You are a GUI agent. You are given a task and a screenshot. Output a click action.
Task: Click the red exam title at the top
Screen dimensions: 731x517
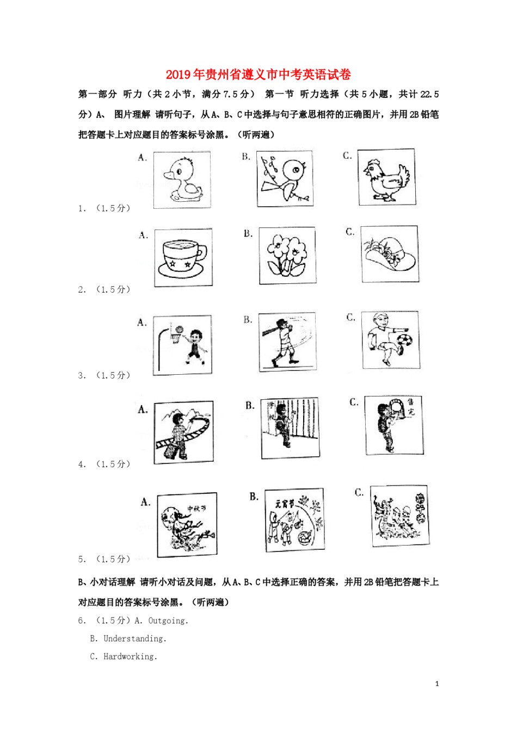click(258, 75)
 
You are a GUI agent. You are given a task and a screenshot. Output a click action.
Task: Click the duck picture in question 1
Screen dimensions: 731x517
click(182, 179)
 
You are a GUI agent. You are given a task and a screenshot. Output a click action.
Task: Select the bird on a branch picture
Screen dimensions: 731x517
click(285, 179)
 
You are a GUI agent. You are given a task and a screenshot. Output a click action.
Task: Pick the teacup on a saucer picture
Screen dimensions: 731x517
click(183, 258)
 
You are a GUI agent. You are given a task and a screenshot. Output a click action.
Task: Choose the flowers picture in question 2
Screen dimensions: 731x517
click(287, 256)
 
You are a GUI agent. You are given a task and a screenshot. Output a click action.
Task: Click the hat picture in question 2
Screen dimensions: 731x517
click(390, 254)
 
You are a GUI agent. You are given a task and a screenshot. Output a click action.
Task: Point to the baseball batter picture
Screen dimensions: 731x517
click(286, 342)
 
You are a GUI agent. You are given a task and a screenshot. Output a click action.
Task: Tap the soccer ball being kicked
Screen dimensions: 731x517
click(404, 341)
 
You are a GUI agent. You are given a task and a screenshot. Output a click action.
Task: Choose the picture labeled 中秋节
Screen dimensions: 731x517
click(187, 525)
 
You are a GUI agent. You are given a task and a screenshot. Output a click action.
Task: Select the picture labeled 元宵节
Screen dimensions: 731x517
click(294, 520)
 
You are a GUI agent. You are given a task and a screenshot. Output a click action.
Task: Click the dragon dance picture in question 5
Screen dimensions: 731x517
click(399, 516)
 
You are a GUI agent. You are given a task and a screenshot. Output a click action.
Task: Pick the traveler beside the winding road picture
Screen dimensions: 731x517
click(183, 432)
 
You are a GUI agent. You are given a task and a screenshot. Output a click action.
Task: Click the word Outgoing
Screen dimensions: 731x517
click(168, 621)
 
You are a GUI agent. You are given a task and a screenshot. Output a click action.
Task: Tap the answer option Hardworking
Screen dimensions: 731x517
click(130, 656)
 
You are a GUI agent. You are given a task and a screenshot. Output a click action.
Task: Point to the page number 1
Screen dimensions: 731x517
click(437, 684)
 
